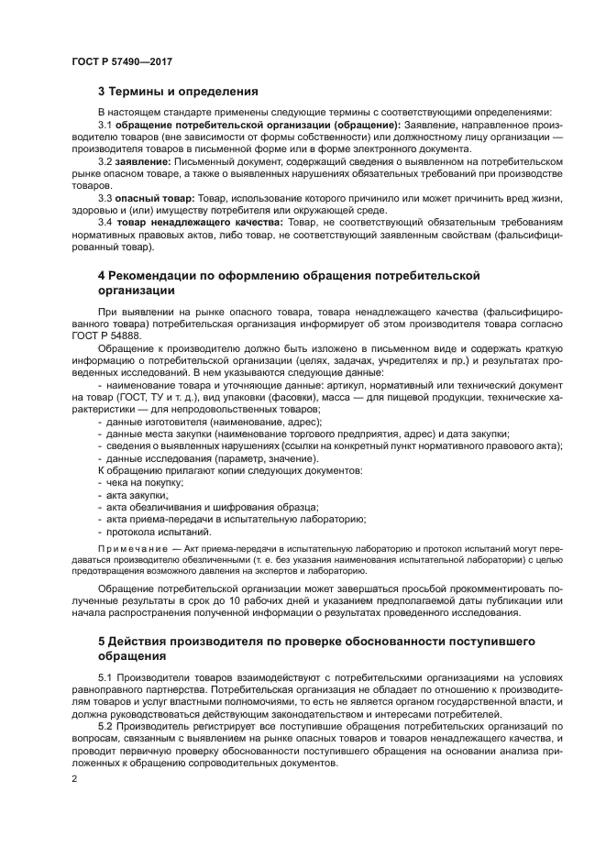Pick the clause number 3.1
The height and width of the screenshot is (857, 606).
coord(105,125)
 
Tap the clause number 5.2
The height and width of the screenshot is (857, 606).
coord(105,724)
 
